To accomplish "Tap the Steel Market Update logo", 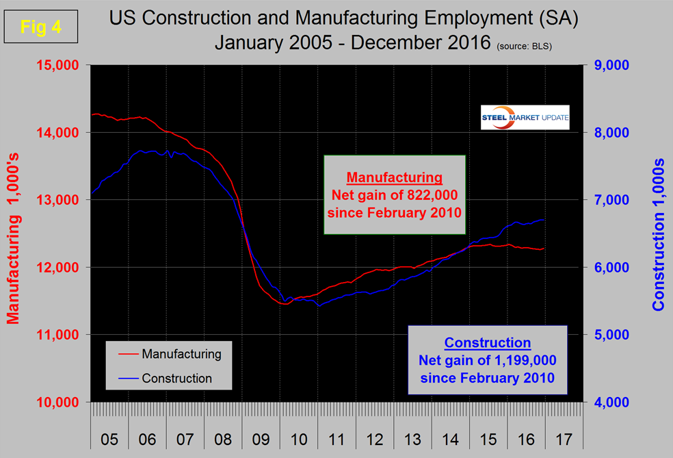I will [525, 118].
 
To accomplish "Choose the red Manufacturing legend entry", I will [168, 354].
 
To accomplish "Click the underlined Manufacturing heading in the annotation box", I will [395, 178].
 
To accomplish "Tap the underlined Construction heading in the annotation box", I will [487, 343].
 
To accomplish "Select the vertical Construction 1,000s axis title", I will [659, 236].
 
